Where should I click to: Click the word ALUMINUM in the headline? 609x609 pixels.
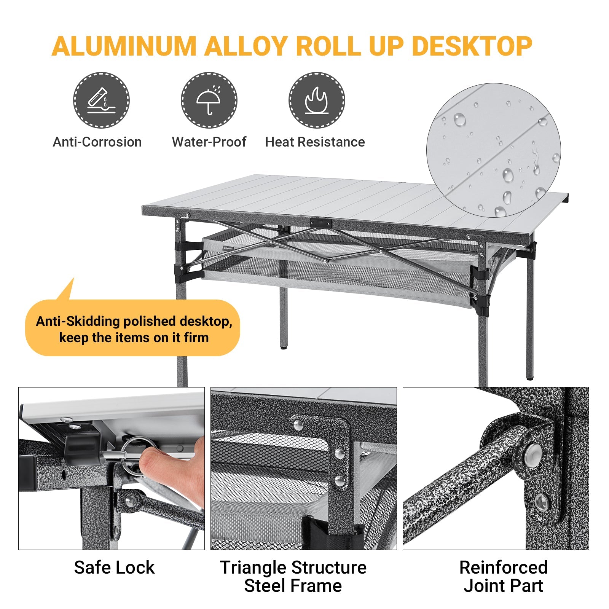point(123,46)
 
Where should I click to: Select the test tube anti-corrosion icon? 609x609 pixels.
point(101,100)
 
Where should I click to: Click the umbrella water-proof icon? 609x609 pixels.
point(209,100)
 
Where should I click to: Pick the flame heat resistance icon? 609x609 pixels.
point(316,100)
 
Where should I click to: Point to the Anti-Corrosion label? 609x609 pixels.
point(97,142)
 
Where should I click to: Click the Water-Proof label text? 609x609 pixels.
point(209,142)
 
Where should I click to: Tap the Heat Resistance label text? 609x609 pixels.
point(315,142)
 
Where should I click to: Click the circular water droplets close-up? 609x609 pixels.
point(494,150)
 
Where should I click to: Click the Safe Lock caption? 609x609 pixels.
point(114,567)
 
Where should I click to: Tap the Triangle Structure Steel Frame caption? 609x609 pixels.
point(293,576)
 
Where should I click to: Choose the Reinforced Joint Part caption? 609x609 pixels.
point(503,576)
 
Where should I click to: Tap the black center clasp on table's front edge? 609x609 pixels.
point(320,223)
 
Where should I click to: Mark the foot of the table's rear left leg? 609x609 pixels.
point(283,347)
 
